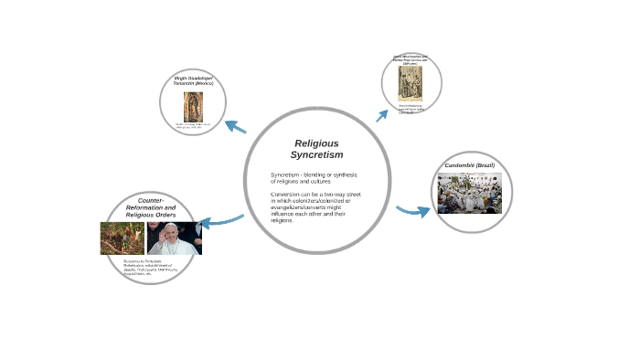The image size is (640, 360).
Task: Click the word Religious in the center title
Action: [x=316, y=143]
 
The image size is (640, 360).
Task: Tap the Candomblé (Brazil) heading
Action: [x=469, y=164]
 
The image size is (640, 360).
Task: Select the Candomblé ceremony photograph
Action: [x=469, y=194]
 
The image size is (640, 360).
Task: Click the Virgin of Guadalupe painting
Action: [x=193, y=104]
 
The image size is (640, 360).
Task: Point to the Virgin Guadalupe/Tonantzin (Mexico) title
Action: [x=193, y=81]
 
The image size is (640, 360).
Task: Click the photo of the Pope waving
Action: [x=174, y=238]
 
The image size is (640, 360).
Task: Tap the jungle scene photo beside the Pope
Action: [x=123, y=238]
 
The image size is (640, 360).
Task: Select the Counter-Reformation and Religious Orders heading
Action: [x=151, y=207]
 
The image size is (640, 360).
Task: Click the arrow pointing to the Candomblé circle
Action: [x=413, y=212]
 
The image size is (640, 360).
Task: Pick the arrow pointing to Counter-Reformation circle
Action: [x=220, y=221]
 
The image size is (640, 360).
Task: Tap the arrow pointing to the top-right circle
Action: [x=382, y=115]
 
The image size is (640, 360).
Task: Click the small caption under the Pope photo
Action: [x=151, y=267]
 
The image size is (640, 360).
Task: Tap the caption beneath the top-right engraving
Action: [x=411, y=109]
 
